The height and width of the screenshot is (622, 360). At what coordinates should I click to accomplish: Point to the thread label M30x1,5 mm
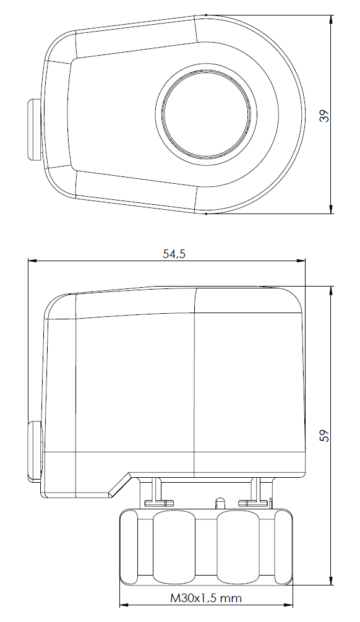tap(205, 598)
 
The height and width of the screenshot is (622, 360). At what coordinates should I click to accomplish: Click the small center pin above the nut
tap(218, 502)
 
